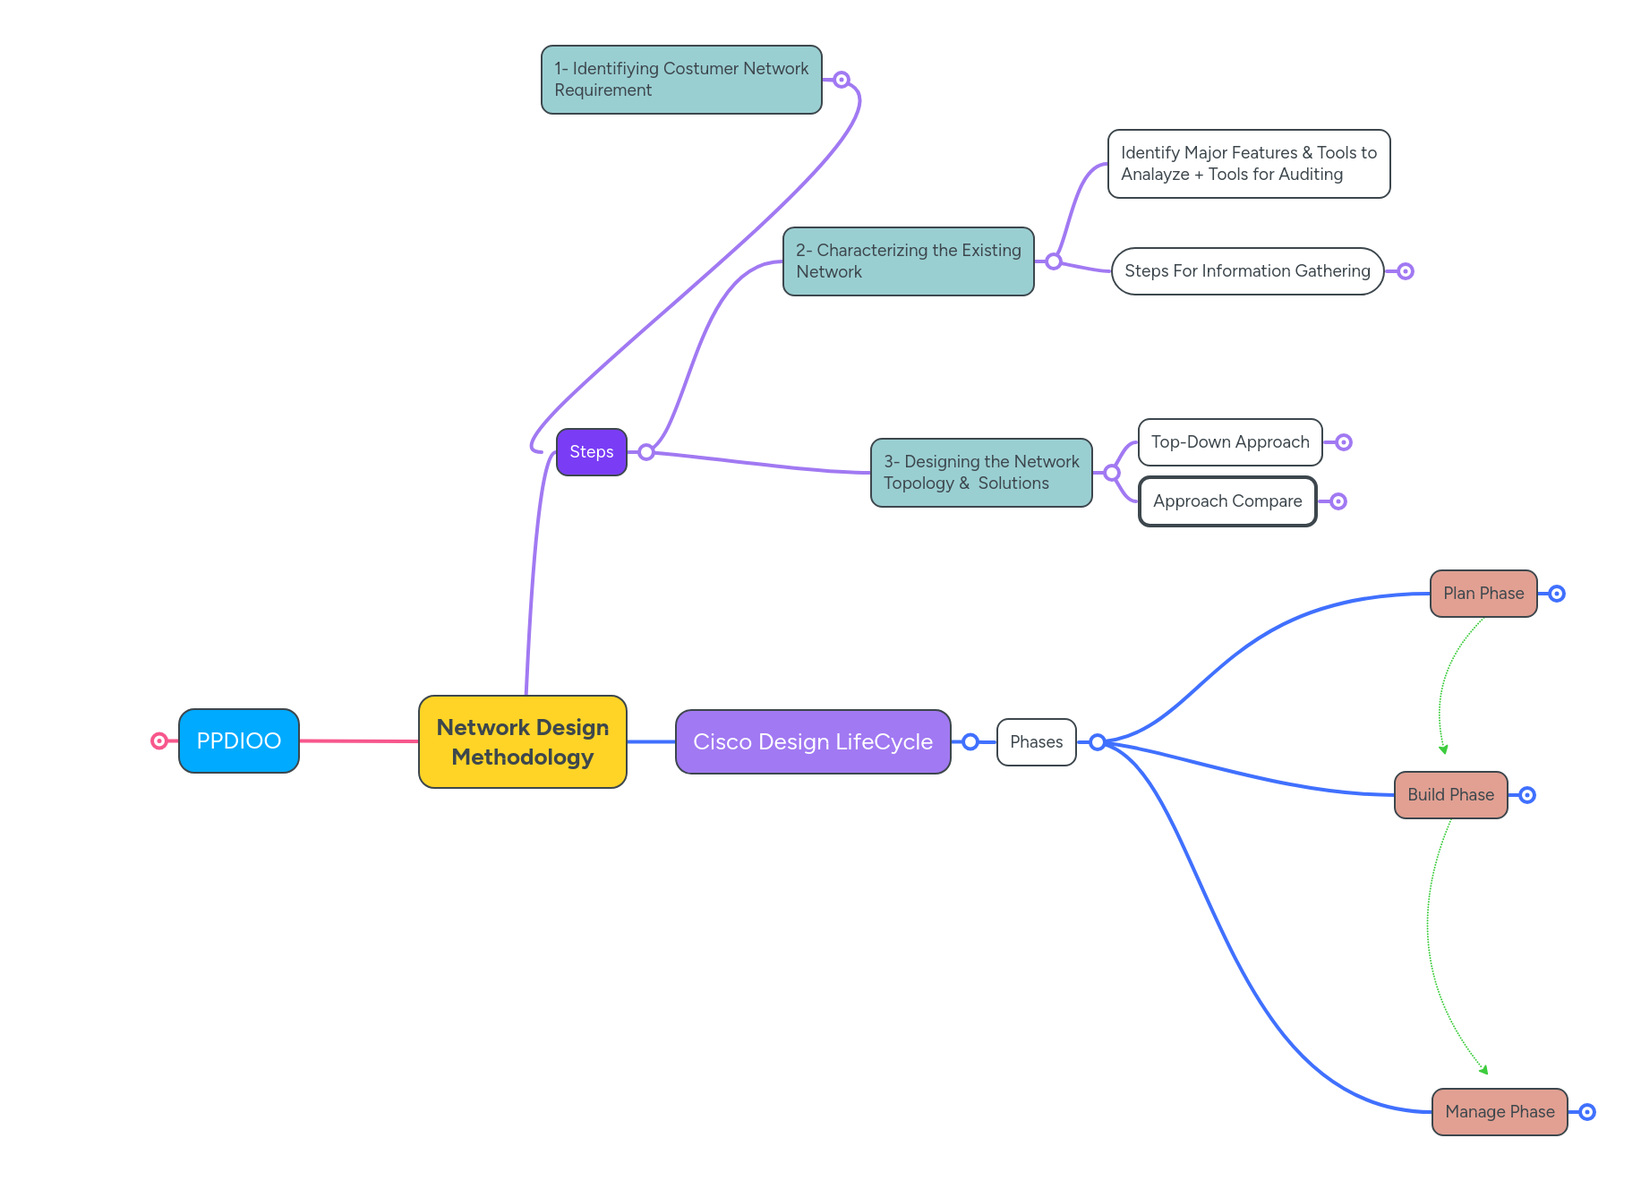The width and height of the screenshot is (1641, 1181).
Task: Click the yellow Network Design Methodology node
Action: pyautogui.click(x=522, y=741)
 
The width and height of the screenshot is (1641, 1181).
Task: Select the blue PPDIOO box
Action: pyautogui.click(x=238, y=740)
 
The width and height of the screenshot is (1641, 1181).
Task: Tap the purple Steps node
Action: pyautogui.click(x=591, y=451)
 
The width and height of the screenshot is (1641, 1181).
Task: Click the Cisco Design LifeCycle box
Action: pyautogui.click(x=812, y=741)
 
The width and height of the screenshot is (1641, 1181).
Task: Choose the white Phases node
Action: pyautogui.click(x=1036, y=741)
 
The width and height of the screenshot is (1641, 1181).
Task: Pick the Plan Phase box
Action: pyautogui.click(x=1483, y=593)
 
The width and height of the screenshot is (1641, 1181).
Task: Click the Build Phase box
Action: pyautogui.click(x=1450, y=794)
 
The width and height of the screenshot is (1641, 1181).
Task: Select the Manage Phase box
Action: pyautogui.click(x=1499, y=1111)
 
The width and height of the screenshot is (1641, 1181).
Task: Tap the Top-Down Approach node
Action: pyautogui.click(x=1229, y=441)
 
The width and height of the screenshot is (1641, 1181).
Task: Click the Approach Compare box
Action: pyautogui.click(x=1226, y=501)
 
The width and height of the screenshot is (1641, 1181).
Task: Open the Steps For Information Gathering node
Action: pyautogui.click(x=1246, y=270)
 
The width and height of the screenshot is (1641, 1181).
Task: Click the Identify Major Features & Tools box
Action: pyautogui.click(x=1248, y=163)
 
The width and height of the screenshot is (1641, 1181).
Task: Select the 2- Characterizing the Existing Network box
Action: pyautogui.click(x=908, y=261)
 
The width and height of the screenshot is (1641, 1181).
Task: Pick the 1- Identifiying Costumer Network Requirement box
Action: pyautogui.click(x=680, y=79)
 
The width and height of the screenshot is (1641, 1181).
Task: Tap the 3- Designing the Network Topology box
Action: pyautogui.click(x=980, y=472)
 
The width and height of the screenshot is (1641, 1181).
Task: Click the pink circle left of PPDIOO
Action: pyautogui.click(x=159, y=740)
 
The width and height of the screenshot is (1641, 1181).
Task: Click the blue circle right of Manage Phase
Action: pyautogui.click(x=1587, y=1111)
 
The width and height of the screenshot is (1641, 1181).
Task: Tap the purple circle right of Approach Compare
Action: pyautogui.click(x=1338, y=501)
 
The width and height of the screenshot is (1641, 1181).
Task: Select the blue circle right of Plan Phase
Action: pyautogui.click(x=1557, y=594)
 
